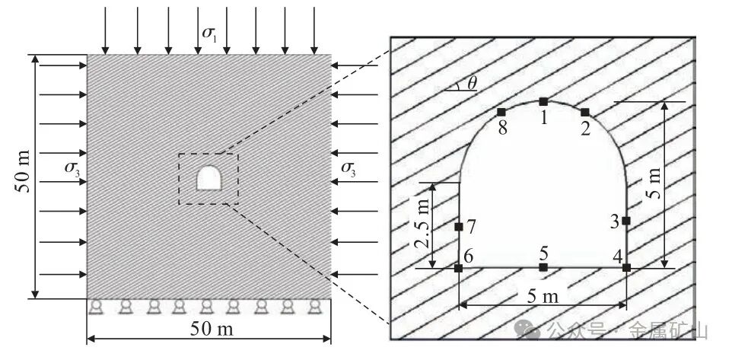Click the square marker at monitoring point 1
(x=543, y=101)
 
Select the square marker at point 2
(x=585, y=112)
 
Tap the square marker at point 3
(x=626, y=221)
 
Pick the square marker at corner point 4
(x=626, y=268)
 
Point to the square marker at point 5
(x=543, y=267)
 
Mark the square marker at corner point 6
(x=458, y=268)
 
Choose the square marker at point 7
(x=458, y=227)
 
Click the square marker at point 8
(x=501, y=112)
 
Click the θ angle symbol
(x=473, y=83)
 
